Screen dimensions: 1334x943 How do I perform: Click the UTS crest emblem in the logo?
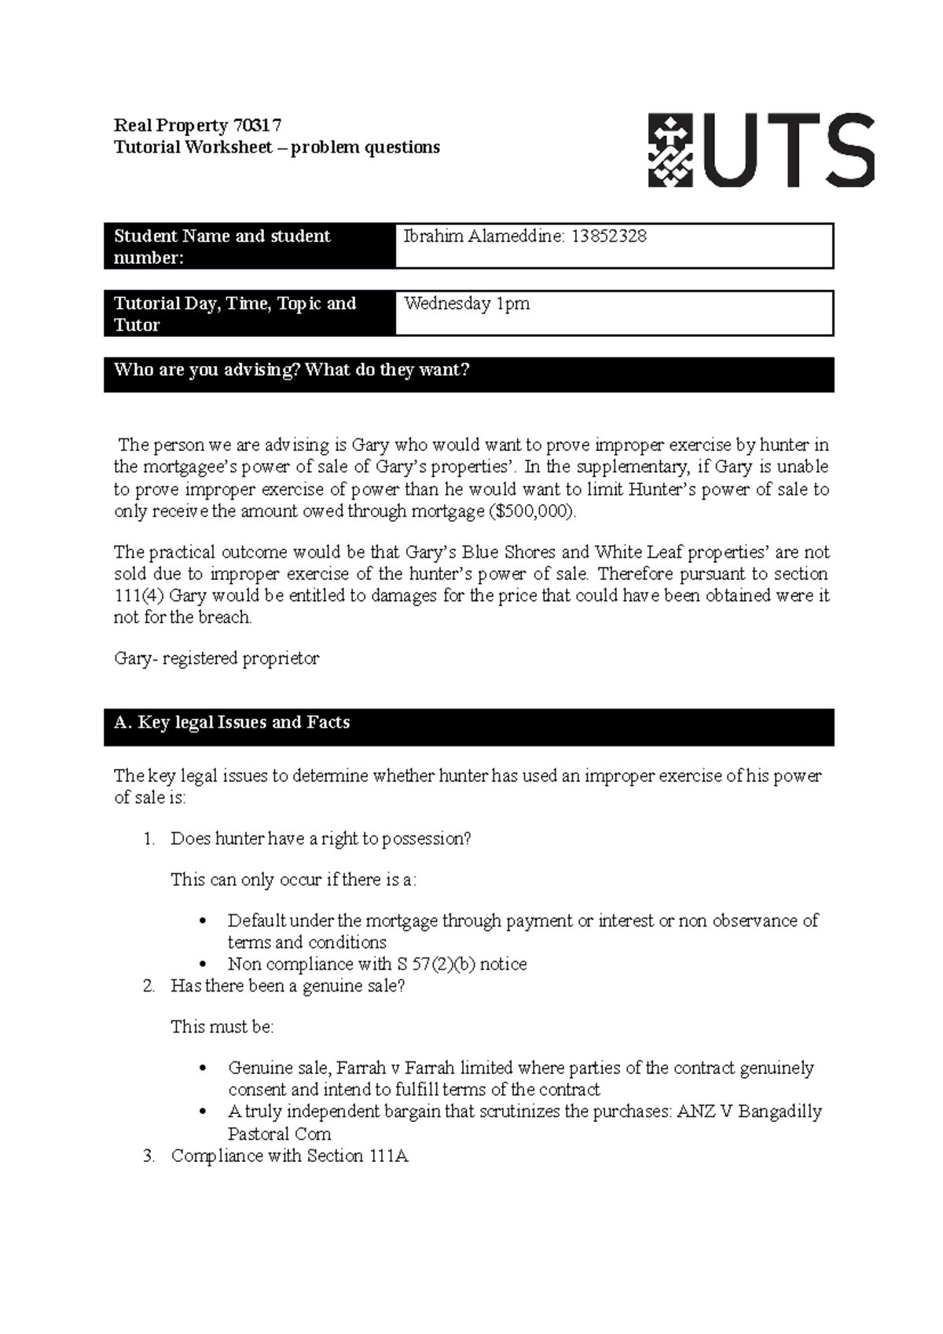670,151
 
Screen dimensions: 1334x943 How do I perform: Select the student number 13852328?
608,236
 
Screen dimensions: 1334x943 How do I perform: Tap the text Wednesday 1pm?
467,304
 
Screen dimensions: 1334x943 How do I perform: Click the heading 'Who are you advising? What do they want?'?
292,370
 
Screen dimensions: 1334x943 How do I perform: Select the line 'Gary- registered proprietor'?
216,658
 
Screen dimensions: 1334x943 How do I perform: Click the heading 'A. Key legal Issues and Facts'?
232,723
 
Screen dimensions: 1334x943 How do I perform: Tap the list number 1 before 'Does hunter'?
149,839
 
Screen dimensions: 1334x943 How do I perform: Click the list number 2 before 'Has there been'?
149,986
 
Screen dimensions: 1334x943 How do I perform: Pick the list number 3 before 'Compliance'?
149,1156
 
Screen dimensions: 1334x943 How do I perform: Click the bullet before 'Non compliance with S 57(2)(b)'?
204,965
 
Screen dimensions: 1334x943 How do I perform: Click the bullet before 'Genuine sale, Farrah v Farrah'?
204,1068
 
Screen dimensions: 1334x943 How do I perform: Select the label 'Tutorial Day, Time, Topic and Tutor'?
235,314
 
